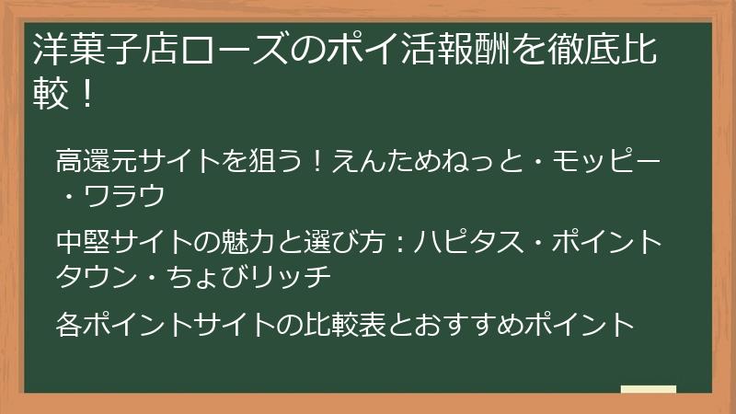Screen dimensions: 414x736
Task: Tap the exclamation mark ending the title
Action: pos(87,95)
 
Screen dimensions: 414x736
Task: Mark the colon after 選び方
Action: pos(400,243)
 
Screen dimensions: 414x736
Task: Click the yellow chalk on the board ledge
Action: pos(650,389)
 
